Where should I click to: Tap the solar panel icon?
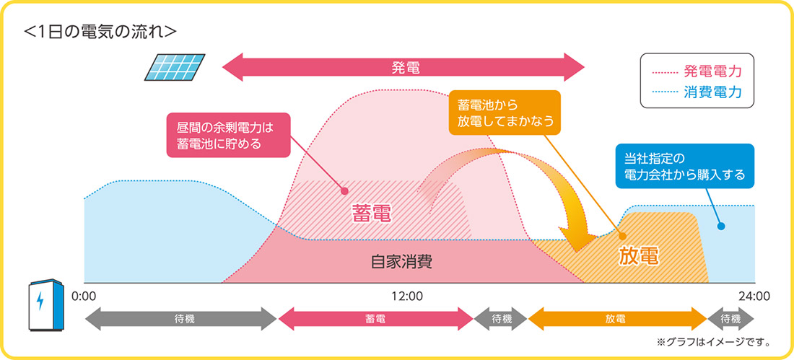point(175,69)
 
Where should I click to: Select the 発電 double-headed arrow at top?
point(403,69)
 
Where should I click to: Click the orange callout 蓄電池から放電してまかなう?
point(504,113)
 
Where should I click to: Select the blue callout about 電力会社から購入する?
point(680,165)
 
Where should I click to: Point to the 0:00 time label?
point(84,295)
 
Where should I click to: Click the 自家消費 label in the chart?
point(402,261)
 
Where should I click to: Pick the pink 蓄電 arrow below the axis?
point(375,318)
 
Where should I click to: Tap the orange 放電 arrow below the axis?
point(617,318)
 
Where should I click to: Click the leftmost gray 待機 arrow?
point(180,318)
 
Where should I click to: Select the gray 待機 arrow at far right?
point(730,318)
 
